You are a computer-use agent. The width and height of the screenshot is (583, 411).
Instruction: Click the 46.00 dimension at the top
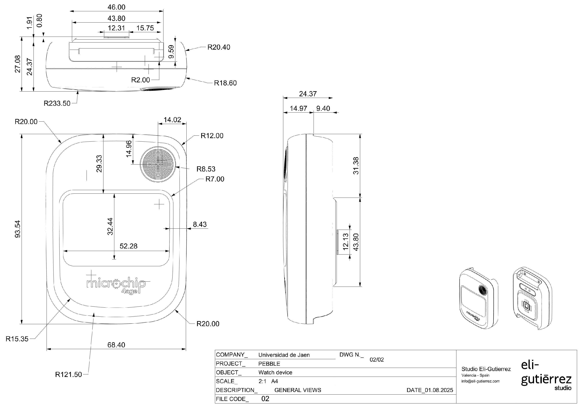click(x=116, y=7)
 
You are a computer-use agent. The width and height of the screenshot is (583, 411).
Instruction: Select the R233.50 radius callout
click(x=57, y=103)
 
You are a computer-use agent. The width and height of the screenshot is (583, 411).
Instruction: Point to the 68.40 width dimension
click(x=116, y=345)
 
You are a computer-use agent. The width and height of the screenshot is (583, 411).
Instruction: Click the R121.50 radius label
click(x=68, y=374)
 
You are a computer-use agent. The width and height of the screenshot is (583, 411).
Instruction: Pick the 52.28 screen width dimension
click(x=129, y=246)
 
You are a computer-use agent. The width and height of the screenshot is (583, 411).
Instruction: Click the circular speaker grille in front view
click(x=158, y=165)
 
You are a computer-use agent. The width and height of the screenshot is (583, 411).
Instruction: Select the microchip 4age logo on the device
click(x=116, y=285)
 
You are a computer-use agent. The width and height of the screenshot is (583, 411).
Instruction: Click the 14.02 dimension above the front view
click(x=172, y=120)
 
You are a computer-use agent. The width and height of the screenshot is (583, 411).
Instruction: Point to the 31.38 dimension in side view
click(x=356, y=166)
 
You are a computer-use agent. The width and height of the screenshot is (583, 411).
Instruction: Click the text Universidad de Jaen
click(x=284, y=355)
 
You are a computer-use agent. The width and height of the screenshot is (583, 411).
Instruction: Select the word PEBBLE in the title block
click(x=269, y=364)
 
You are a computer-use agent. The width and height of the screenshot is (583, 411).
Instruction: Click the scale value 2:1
click(x=262, y=381)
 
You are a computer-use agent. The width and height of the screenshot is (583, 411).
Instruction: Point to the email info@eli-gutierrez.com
click(x=480, y=381)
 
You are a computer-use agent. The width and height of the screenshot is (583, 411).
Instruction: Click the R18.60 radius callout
click(x=225, y=83)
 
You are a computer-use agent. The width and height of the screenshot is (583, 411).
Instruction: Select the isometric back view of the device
click(x=532, y=298)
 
